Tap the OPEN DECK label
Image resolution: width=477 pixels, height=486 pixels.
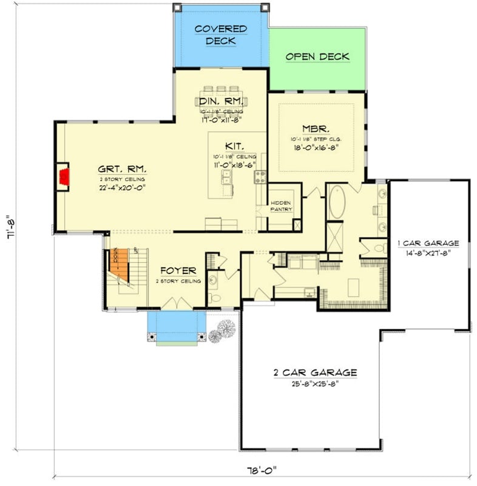pos(317,56)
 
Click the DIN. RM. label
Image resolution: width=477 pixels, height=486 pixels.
pos(222,100)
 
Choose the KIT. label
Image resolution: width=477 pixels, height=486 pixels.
pos(234,146)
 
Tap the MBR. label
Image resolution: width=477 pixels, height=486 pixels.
pos(316,129)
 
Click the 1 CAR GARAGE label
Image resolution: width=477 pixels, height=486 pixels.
pos(428,243)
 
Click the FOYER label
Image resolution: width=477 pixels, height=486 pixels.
pos(178,271)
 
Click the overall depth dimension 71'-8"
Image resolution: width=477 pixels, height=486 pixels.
pos(9,228)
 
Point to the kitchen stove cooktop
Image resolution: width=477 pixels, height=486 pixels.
pos(260,177)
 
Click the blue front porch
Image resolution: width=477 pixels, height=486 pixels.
pos(177,326)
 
